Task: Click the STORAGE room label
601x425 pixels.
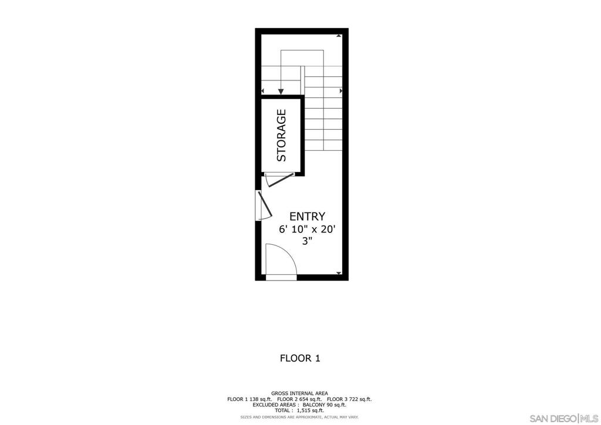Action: click(281, 135)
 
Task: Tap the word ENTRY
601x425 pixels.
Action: click(307, 217)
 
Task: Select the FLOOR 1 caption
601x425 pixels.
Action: click(300, 358)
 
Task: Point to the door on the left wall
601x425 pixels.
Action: click(265, 205)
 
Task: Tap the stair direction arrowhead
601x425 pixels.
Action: click(281, 91)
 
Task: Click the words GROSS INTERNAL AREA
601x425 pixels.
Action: click(299, 393)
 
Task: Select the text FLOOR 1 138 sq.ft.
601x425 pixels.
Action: click(249, 399)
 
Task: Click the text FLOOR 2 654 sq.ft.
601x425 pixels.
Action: click(299, 399)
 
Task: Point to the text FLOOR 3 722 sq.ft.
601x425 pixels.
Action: click(349, 399)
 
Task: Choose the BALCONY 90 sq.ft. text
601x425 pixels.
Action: click(324, 404)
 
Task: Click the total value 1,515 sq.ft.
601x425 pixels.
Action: click(310, 410)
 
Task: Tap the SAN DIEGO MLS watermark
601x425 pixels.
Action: click(563, 418)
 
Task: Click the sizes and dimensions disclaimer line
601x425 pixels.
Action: click(299, 417)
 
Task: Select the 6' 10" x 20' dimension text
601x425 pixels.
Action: click(307, 230)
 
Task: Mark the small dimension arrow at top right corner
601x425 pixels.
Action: click(339, 36)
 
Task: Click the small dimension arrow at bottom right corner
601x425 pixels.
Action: click(339, 273)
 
